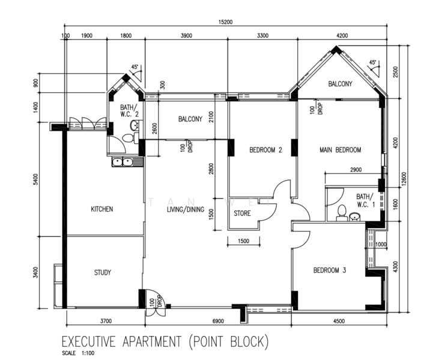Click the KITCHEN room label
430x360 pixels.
pos(101,209)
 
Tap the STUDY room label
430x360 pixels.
pos(102,272)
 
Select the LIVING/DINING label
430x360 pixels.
pos(186,209)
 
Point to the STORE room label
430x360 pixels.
pos(242,213)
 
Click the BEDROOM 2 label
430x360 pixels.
pos(265,150)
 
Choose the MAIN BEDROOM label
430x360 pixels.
pos(341,150)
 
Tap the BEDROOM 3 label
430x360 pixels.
pos(330,271)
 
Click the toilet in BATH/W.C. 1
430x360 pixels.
pos(341,212)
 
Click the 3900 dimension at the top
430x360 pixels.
pos(186,36)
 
